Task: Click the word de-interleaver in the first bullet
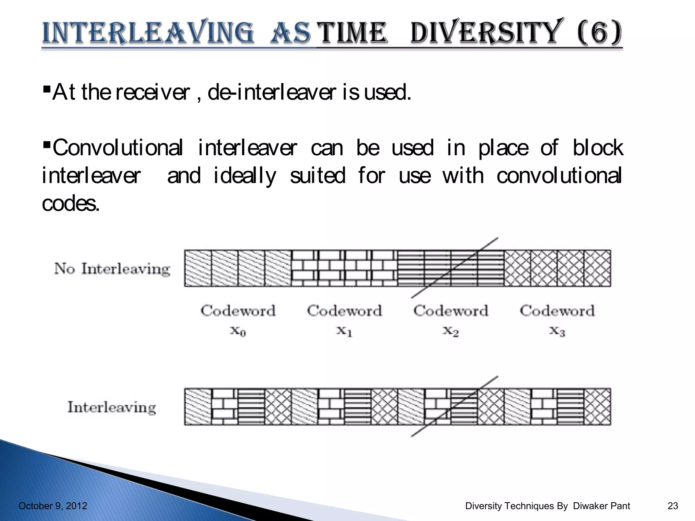271,92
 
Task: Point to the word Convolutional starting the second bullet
117,148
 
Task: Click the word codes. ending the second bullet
71,204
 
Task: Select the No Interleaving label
112,269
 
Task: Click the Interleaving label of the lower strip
112,407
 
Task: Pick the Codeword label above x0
238,311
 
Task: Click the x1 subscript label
344,331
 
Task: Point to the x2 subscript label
451,331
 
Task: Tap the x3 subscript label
557,331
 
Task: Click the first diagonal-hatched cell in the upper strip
198,268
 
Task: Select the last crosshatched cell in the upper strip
597,268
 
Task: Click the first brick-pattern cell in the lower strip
224,407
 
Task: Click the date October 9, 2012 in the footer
53,506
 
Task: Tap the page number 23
673,506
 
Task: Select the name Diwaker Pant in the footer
601,506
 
